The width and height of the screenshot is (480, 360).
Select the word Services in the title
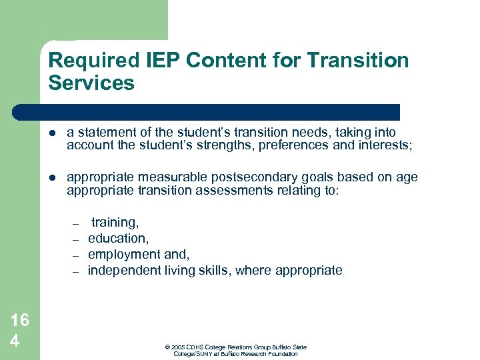91,83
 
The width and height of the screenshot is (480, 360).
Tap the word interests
382,146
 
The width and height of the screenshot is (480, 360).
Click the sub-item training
115,222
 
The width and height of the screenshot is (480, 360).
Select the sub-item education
117,238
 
